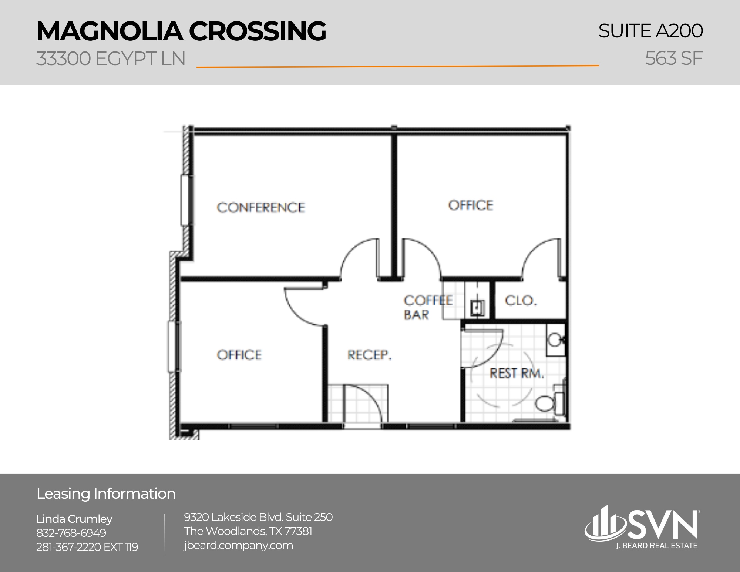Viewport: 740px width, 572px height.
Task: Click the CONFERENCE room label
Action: tap(261, 207)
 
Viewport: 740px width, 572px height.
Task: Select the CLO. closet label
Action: tap(521, 300)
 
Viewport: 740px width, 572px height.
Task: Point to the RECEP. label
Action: tap(369, 355)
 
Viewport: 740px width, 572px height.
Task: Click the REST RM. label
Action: tap(517, 373)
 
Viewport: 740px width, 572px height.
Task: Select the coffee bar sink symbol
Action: tap(477, 307)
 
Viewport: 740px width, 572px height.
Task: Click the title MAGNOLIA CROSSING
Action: tap(181, 31)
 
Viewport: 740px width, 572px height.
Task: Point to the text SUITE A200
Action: tap(650, 31)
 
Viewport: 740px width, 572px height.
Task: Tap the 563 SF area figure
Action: tap(673, 58)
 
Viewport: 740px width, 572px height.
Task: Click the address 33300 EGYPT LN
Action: tap(111, 59)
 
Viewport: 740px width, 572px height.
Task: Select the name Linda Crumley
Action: tap(74, 519)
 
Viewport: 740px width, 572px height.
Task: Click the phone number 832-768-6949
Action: tap(71, 533)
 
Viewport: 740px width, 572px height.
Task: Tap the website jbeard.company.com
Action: tap(238, 545)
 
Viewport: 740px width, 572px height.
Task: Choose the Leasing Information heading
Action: tap(106, 494)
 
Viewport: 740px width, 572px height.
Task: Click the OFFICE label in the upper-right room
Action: tap(471, 205)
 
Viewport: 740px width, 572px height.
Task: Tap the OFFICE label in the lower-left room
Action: tap(239, 355)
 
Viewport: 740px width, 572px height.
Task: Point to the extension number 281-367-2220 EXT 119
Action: tap(87, 547)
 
